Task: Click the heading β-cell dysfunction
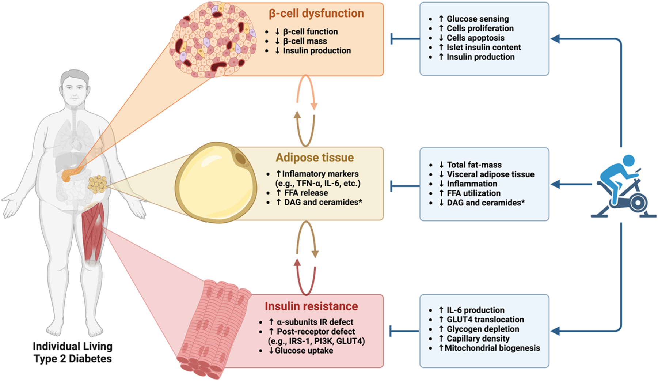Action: [x=316, y=14]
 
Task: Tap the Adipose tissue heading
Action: [x=315, y=158]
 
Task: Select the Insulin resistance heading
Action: [x=311, y=306]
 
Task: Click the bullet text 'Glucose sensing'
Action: [x=478, y=19]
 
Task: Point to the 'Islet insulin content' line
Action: [x=484, y=48]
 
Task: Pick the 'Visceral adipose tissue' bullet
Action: [x=490, y=174]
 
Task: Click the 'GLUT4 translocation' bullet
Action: [x=485, y=320]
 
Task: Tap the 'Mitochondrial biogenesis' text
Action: [x=492, y=348]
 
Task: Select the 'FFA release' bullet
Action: [x=306, y=193]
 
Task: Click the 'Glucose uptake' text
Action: [x=304, y=351]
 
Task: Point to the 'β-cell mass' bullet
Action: [x=305, y=41]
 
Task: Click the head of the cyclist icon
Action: [x=628, y=161]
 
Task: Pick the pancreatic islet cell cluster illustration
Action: [x=213, y=39]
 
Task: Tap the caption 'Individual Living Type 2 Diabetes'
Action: [x=73, y=352]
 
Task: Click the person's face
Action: [x=75, y=91]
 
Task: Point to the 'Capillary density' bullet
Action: [x=478, y=339]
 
